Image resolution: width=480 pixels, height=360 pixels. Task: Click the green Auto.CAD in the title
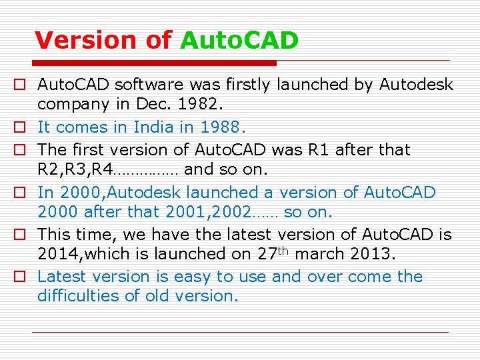click(239, 41)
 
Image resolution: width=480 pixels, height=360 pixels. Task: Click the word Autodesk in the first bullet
click(416, 85)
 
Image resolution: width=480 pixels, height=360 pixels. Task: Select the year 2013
click(378, 254)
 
